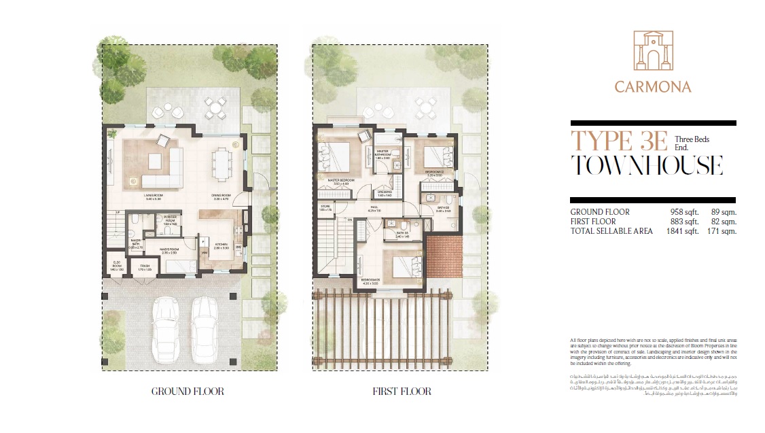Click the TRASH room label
145,266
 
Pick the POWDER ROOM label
170,218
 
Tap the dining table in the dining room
221,162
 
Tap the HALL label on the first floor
374,207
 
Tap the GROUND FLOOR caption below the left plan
188,392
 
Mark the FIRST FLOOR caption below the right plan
401,392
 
